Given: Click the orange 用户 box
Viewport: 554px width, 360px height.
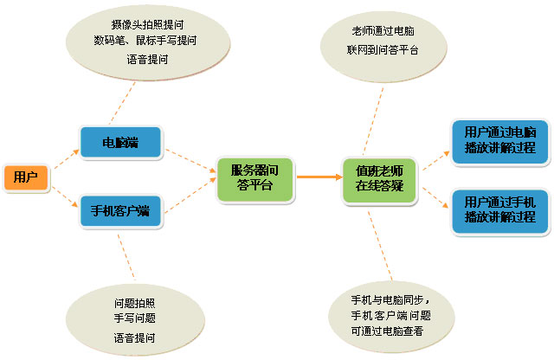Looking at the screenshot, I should pyautogui.click(x=26, y=177).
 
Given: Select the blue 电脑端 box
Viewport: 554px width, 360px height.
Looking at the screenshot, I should pyautogui.click(x=120, y=142).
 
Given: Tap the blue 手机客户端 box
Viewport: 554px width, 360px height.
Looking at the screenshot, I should pyautogui.click(x=120, y=210).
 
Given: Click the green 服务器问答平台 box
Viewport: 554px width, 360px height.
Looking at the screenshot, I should pyautogui.click(x=254, y=177).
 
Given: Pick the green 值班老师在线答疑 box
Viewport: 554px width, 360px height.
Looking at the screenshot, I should pyautogui.click(x=379, y=177).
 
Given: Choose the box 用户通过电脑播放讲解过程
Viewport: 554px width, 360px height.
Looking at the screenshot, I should pyautogui.click(x=500, y=139).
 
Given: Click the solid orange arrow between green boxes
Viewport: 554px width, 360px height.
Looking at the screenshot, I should pyautogui.click(x=318, y=177).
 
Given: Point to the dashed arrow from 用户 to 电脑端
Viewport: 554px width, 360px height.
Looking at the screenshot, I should pyautogui.click(x=66, y=159).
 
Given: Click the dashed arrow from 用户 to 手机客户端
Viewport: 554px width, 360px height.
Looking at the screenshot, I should pyautogui.click(x=66, y=196).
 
